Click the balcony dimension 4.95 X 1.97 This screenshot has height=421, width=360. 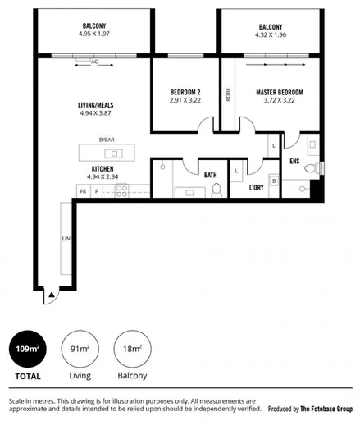click(x=93, y=35)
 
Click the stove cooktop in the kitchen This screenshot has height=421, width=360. click(x=121, y=190)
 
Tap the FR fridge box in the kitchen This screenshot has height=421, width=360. click(x=83, y=190)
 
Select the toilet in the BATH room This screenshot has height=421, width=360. click(x=216, y=190)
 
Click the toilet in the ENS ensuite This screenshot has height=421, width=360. click(x=311, y=168)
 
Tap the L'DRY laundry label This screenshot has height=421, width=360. click(x=260, y=189)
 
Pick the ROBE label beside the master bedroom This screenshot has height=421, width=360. click(x=228, y=94)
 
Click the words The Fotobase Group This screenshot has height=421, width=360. click(x=326, y=408)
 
